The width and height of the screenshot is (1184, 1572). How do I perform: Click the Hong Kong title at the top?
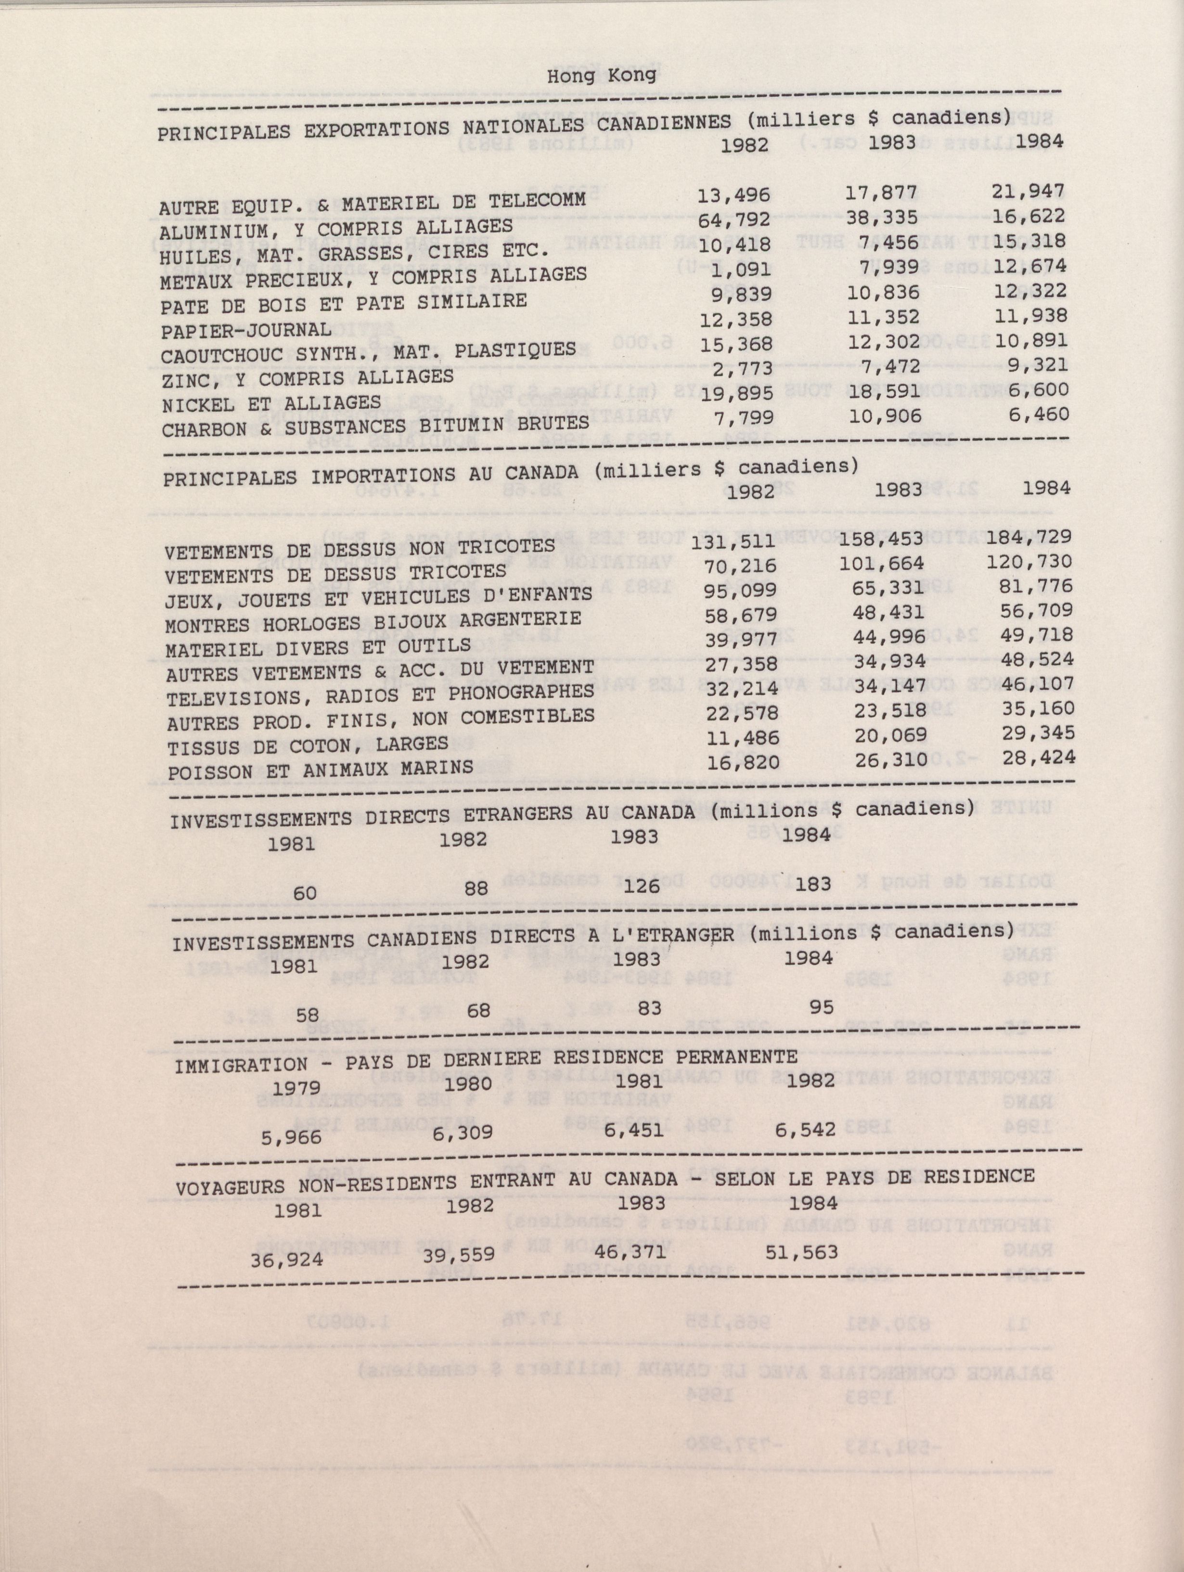(601, 76)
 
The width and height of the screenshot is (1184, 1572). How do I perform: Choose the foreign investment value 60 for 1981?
(305, 892)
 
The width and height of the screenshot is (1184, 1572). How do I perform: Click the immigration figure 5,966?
(291, 1136)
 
